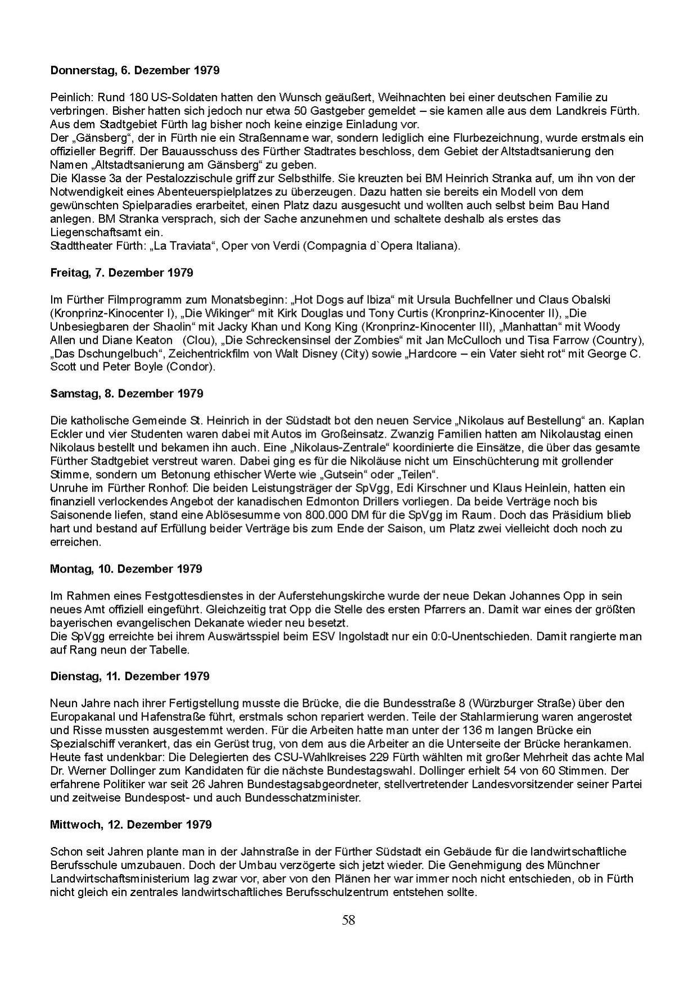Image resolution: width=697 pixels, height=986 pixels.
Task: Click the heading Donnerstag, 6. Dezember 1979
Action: pos(134,71)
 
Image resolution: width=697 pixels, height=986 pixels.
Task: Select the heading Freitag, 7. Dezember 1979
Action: pos(122,273)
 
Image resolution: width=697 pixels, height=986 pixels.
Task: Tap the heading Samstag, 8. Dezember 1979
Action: pos(127,394)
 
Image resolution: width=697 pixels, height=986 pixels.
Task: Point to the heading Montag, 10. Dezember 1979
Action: pos(126,569)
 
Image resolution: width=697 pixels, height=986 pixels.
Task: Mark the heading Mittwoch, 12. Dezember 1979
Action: pos(131,825)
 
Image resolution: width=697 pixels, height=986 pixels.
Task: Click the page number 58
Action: pos(348,921)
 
